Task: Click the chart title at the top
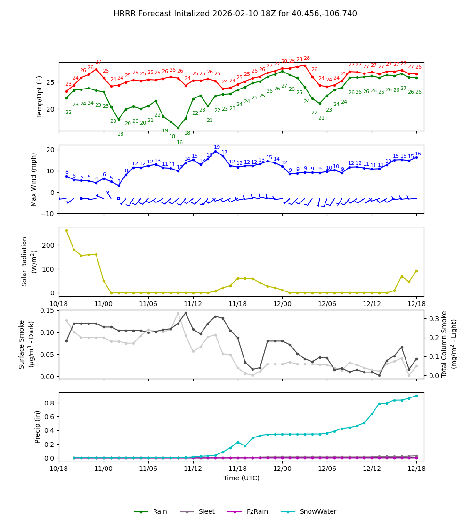tap(235, 14)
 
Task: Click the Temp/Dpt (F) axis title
tap(40, 97)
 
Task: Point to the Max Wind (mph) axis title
tap(34, 179)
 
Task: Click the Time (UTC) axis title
tap(241, 478)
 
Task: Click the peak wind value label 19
tap(217, 147)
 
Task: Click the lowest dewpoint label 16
tap(179, 143)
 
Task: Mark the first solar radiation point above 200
tap(66, 230)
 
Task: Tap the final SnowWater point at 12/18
tap(416, 396)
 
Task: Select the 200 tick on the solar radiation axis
tap(48, 245)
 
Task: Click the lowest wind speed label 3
tap(119, 181)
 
